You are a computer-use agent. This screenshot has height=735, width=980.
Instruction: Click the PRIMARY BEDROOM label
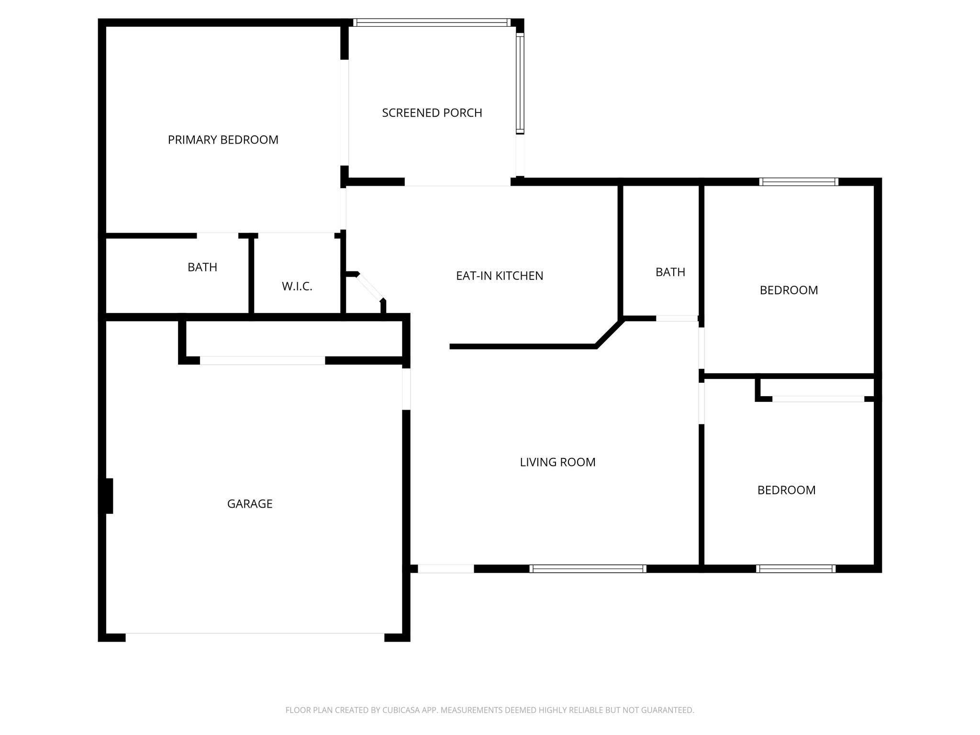pyautogui.click(x=223, y=140)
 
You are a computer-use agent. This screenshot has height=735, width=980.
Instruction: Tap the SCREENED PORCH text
pyautogui.click(x=432, y=113)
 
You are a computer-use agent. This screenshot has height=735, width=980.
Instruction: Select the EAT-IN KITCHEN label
pyautogui.click(x=500, y=276)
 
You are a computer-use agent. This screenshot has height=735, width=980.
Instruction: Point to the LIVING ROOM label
pyautogui.click(x=557, y=462)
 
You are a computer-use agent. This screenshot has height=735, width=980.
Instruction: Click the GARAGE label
pyautogui.click(x=250, y=504)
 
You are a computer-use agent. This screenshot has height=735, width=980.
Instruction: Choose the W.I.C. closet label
pyautogui.click(x=297, y=287)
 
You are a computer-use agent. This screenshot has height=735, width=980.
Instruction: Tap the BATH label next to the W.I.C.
pyautogui.click(x=202, y=267)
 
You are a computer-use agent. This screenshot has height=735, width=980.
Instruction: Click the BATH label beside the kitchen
pyautogui.click(x=670, y=272)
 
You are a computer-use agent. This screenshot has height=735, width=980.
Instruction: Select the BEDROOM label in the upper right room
pyautogui.click(x=789, y=290)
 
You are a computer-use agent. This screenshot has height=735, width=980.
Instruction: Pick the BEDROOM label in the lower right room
pyautogui.click(x=786, y=490)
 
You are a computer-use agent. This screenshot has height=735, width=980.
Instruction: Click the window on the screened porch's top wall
pyautogui.click(x=432, y=22)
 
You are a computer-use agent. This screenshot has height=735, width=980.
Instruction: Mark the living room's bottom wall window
pyautogui.click(x=588, y=568)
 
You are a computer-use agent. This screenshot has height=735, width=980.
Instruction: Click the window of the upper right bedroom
pyautogui.click(x=799, y=182)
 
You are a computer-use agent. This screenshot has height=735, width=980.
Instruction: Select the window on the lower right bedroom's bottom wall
pyautogui.click(x=796, y=568)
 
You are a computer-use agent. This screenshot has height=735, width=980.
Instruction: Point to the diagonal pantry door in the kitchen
pyautogui.click(x=370, y=287)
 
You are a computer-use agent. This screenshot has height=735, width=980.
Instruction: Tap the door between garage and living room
pyautogui.click(x=406, y=389)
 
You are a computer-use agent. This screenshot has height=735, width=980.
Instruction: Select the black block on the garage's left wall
pyautogui.click(x=106, y=496)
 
